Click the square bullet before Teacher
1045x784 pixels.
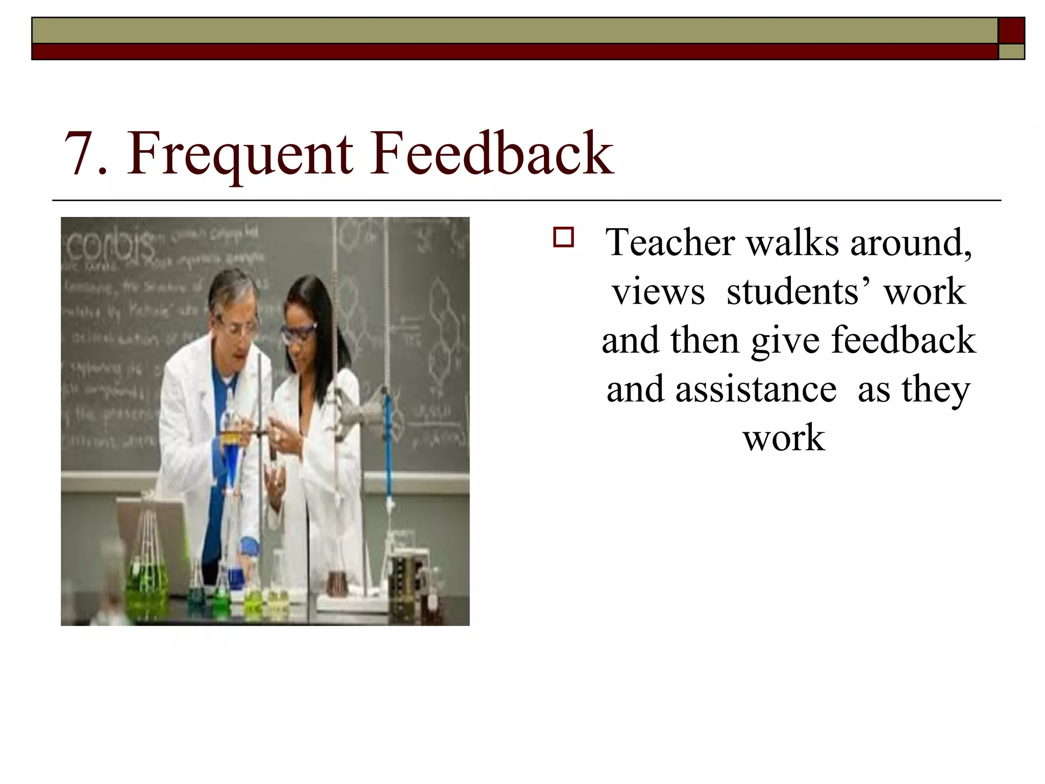point(563,238)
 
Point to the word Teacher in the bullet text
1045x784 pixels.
point(669,242)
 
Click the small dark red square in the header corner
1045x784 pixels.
point(1011,31)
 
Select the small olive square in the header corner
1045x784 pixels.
point(1011,52)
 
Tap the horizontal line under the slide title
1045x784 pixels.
point(526,201)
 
